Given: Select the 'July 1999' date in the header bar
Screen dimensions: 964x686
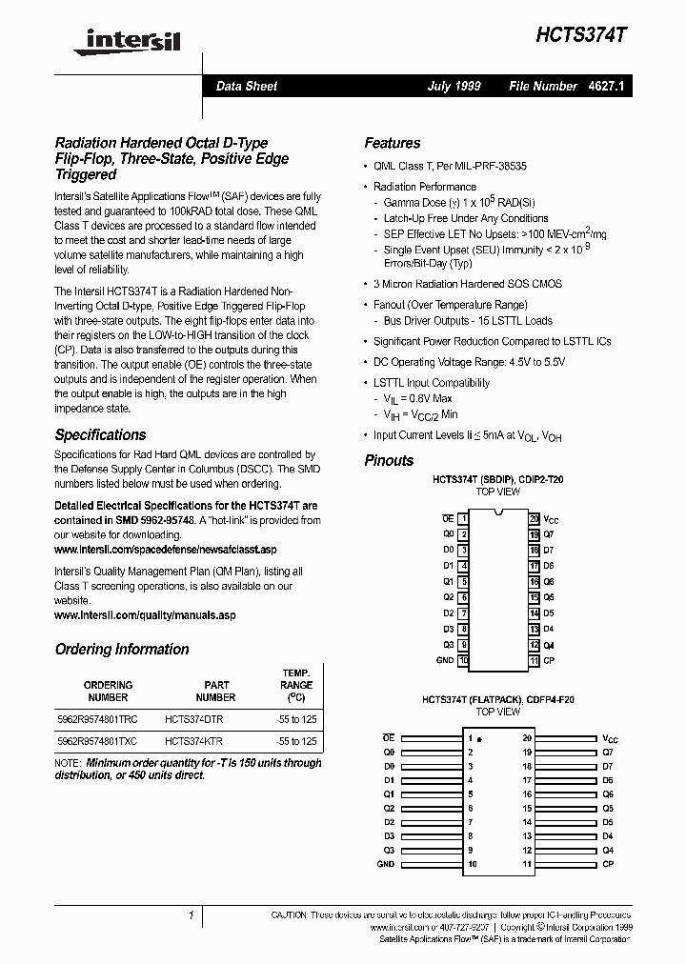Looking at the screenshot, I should click(454, 86).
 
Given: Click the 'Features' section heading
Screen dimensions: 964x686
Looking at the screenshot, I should click(392, 143).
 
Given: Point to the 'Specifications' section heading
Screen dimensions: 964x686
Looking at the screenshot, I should click(100, 434).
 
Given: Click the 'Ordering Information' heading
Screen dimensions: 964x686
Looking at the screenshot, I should click(122, 649).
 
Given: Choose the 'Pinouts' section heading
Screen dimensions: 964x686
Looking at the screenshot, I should click(389, 460).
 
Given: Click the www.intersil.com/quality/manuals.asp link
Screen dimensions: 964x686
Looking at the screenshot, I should click(145, 615).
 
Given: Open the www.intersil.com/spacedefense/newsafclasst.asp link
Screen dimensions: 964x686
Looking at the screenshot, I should click(165, 550).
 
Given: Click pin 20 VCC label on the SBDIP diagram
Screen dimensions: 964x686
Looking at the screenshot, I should click(551, 519).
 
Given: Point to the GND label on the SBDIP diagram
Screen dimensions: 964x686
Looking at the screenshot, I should click(445, 660).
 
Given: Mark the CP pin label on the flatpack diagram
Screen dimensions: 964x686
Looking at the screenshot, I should click(608, 864).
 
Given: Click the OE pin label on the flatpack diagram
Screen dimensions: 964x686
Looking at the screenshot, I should click(388, 738).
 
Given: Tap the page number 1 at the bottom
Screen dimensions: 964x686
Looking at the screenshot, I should click(192, 915).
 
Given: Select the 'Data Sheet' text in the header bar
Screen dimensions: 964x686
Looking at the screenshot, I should click(246, 86).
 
